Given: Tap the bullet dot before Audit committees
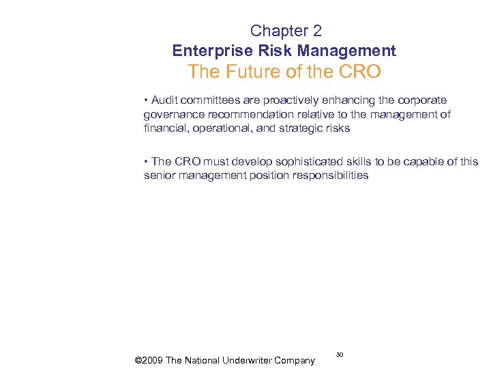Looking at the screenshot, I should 146,100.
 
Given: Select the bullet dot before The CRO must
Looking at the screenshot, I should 146,161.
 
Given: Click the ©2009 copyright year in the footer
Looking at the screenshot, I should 149,360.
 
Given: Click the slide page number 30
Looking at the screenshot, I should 339,354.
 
